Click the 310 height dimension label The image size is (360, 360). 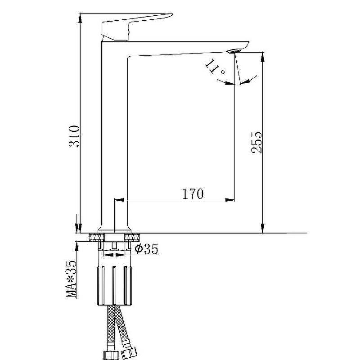74,136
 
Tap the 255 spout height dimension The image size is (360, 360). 256,142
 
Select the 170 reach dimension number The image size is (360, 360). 193,194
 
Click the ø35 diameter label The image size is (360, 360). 147,249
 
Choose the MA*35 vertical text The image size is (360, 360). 71,279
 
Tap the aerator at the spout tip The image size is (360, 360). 234,51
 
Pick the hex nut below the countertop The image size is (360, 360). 114,246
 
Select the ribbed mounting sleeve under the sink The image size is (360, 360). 115,285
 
